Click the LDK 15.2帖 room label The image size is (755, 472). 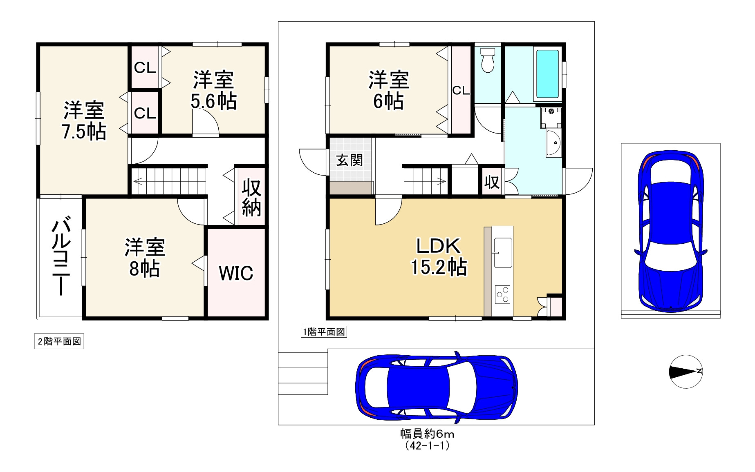tap(439, 257)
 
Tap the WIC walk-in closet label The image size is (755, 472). tap(236, 273)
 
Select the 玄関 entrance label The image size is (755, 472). tap(349, 160)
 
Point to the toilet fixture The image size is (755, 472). tap(488, 60)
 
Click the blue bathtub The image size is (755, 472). tap(547, 74)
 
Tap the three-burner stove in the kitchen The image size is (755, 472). tap(503, 294)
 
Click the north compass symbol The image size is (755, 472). tap(686, 372)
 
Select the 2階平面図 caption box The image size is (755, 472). tap(59, 342)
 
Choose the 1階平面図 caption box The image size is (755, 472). tap(324, 332)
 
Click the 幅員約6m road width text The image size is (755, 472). tap(427, 434)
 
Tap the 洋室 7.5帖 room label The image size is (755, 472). tap(84, 121)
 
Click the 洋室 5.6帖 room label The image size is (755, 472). tap(213, 90)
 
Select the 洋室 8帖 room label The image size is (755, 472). tap(145, 258)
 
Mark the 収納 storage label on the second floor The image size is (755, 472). tap(251, 198)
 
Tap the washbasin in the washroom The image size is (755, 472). tap(554, 142)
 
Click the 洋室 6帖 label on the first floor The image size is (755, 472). tap(389, 90)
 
